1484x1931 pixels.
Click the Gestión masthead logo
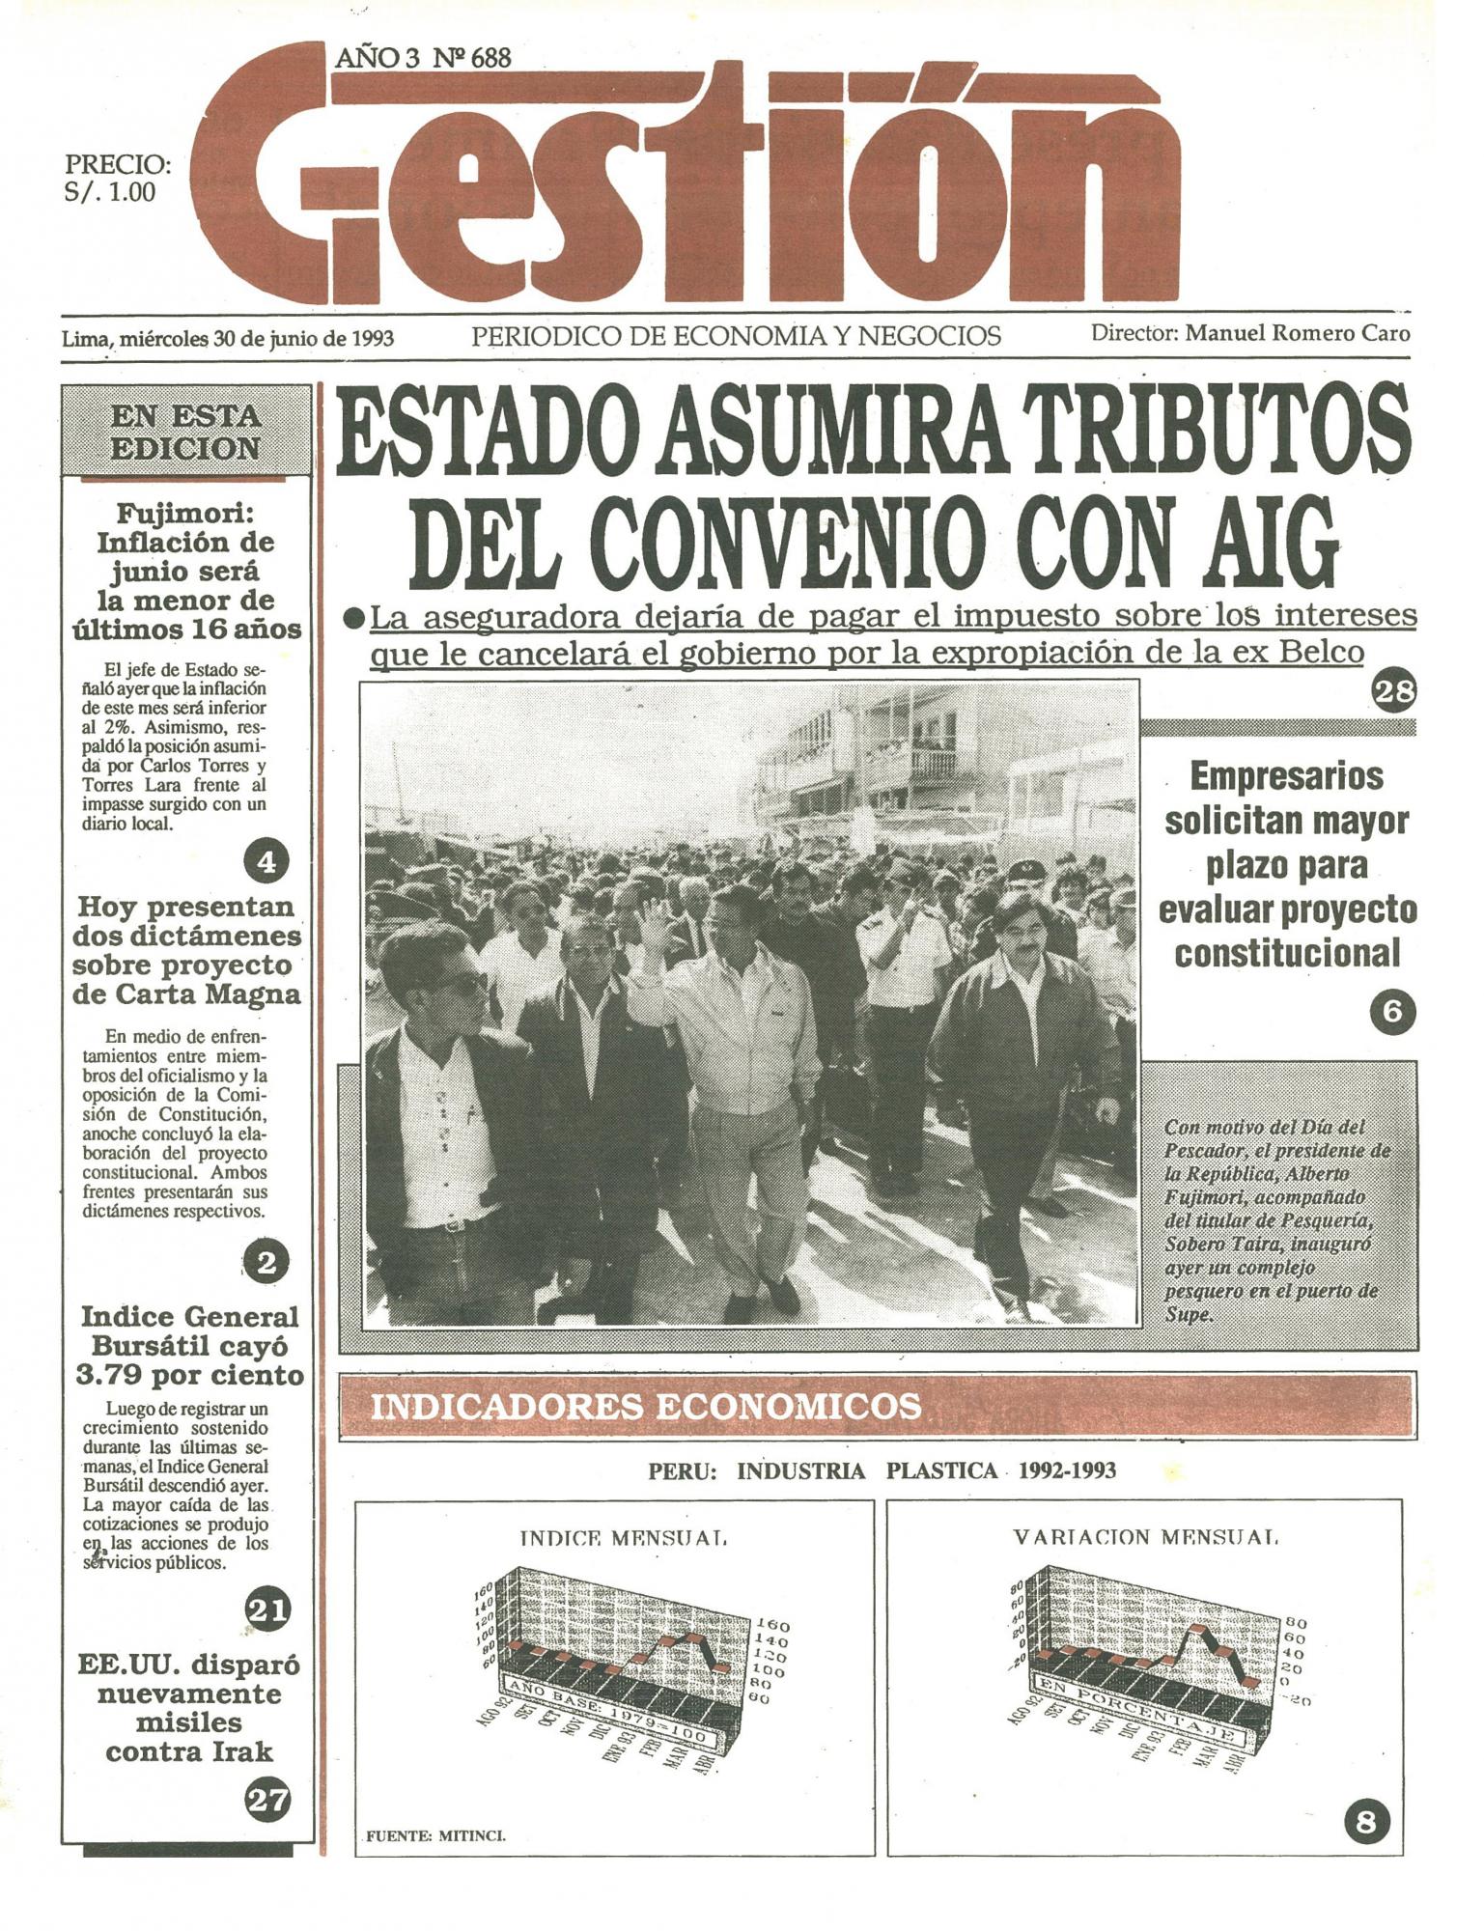pos(686,188)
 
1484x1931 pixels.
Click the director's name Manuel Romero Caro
pos(1297,334)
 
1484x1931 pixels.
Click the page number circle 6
pos(1392,1012)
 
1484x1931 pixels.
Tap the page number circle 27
pos(267,1800)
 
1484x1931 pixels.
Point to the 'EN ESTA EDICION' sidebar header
pos(186,432)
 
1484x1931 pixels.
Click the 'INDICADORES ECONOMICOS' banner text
pos(646,1406)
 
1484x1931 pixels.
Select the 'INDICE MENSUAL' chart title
pos(623,1538)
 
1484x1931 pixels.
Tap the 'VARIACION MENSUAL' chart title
pos(1145,1536)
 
